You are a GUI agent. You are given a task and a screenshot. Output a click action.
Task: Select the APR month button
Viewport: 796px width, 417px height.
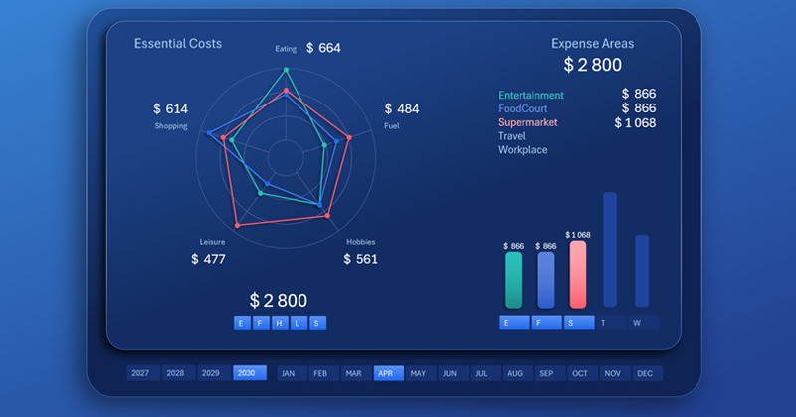coord(386,373)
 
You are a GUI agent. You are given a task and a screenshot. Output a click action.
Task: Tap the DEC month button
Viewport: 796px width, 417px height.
coord(645,373)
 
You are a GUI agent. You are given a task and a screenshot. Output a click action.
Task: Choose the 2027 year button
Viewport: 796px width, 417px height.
coord(140,373)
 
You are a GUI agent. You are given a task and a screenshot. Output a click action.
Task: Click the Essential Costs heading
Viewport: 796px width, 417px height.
coord(178,44)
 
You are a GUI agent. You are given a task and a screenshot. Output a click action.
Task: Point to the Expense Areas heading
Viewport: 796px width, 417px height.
coord(592,44)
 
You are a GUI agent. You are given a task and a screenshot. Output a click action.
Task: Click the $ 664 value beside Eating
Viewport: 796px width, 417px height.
coord(323,48)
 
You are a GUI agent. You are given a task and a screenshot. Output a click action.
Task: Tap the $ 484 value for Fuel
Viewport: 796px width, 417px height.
coord(402,109)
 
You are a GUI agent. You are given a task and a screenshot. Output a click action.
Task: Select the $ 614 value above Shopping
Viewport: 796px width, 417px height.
coord(170,109)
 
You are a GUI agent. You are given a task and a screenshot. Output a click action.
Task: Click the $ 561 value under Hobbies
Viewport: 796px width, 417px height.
coord(360,259)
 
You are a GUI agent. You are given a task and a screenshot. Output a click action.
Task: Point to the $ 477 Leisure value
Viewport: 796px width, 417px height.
coord(208,259)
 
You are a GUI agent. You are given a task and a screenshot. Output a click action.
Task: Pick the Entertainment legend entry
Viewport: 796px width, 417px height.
coord(531,95)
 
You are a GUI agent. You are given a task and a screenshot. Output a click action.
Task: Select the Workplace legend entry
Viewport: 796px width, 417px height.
coord(522,150)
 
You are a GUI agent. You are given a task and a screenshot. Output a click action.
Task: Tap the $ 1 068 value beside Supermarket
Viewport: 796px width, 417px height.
coord(635,122)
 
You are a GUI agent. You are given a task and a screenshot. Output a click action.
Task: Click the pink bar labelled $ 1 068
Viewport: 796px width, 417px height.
coord(578,274)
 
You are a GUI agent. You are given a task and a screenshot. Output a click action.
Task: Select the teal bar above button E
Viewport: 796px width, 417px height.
coord(513,279)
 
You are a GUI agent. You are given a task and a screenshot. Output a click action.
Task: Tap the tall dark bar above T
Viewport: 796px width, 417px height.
coord(610,249)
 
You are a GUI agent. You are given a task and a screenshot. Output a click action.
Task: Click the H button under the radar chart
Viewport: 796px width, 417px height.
coord(280,323)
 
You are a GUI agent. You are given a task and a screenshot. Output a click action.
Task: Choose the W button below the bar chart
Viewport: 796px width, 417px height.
coord(637,323)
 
